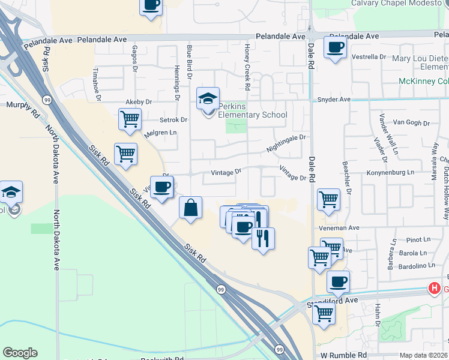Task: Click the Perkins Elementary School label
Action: point(253,110)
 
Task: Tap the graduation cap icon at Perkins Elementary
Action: point(208,98)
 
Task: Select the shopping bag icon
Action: point(190,208)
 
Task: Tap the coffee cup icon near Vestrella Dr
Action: point(335,47)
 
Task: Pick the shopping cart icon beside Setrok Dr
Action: point(130,119)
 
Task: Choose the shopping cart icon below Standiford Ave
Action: point(324,313)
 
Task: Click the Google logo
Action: point(20,353)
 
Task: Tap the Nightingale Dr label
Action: point(286,143)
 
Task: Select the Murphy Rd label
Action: point(22,105)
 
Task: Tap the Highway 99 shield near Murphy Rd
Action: point(46,99)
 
